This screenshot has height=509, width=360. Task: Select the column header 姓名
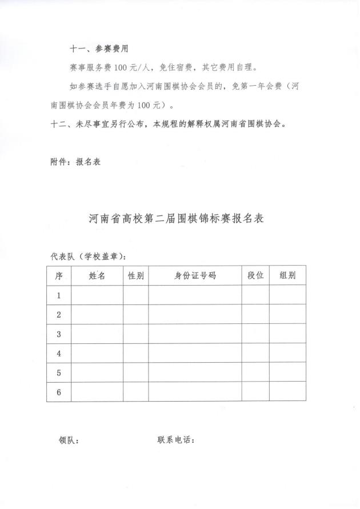(97, 275)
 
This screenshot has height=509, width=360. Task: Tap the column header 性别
(136, 275)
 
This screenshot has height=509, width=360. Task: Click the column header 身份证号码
(195, 275)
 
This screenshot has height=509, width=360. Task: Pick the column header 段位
(255, 275)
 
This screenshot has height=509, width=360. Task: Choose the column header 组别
(287, 275)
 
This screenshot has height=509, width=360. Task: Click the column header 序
(59, 275)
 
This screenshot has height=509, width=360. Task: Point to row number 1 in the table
(59, 295)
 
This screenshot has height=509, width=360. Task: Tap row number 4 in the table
(59, 354)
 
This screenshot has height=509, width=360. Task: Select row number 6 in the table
(59, 392)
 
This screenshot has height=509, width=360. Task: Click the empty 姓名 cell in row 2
(97, 314)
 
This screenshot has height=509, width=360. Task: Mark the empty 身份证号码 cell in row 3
(195, 334)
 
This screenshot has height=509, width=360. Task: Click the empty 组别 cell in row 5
(287, 372)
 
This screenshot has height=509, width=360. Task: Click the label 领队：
(69, 440)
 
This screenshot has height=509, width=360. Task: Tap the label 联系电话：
(176, 440)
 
